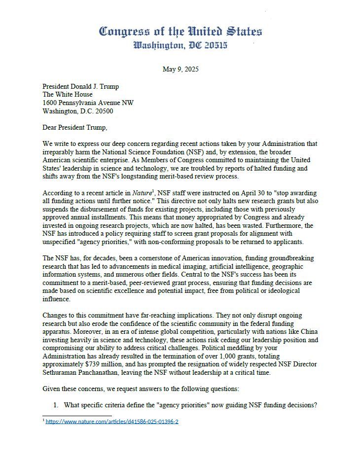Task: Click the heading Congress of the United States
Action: click(180, 32)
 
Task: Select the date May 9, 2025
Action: click(180, 69)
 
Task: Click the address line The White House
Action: click(68, 95)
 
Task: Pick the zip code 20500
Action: click(101, 111)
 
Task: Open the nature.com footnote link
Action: click(112, 422)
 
